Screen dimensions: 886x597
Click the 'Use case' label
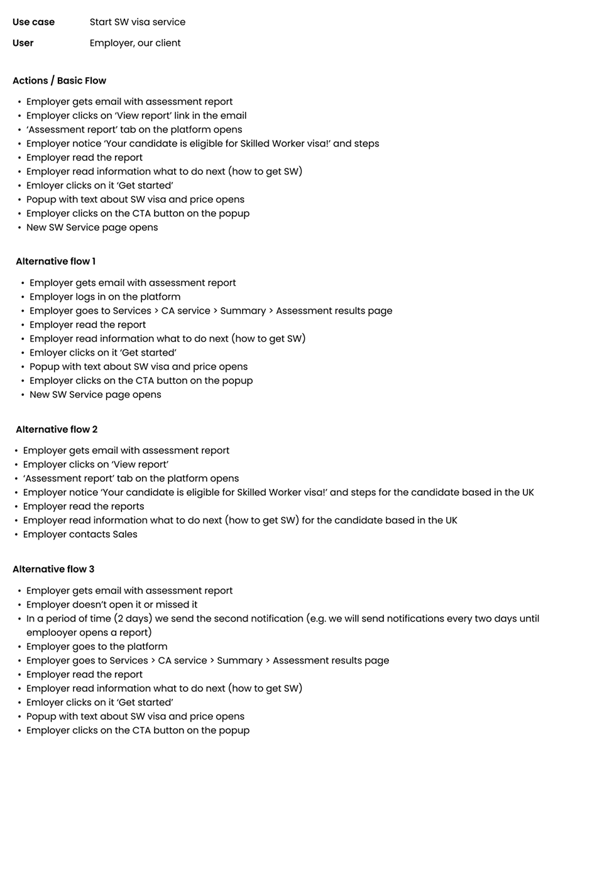[33, 22]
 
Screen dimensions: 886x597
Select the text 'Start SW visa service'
[137, 22]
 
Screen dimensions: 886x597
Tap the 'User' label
[23, 43]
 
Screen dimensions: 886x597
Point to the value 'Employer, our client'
[135, 43]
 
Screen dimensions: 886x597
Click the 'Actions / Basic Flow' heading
[59, 80]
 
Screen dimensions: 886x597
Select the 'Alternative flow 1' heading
[55, 261]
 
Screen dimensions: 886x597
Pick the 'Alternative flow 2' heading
[57, 429]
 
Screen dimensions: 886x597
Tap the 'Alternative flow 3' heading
[53, 569]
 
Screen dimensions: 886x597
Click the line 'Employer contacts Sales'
[80, 534]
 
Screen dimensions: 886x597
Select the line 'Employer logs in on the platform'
[105, 297]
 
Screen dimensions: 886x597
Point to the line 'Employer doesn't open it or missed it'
[112, 604]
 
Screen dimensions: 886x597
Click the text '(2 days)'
[133, 618]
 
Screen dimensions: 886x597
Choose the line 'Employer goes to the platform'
[97, 646]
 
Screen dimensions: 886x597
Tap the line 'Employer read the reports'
[84, 506]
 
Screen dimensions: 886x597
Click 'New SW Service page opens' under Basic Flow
[92, 227]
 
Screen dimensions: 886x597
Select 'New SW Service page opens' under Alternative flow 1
[95, 395]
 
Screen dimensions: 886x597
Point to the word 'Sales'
[124, 534]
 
